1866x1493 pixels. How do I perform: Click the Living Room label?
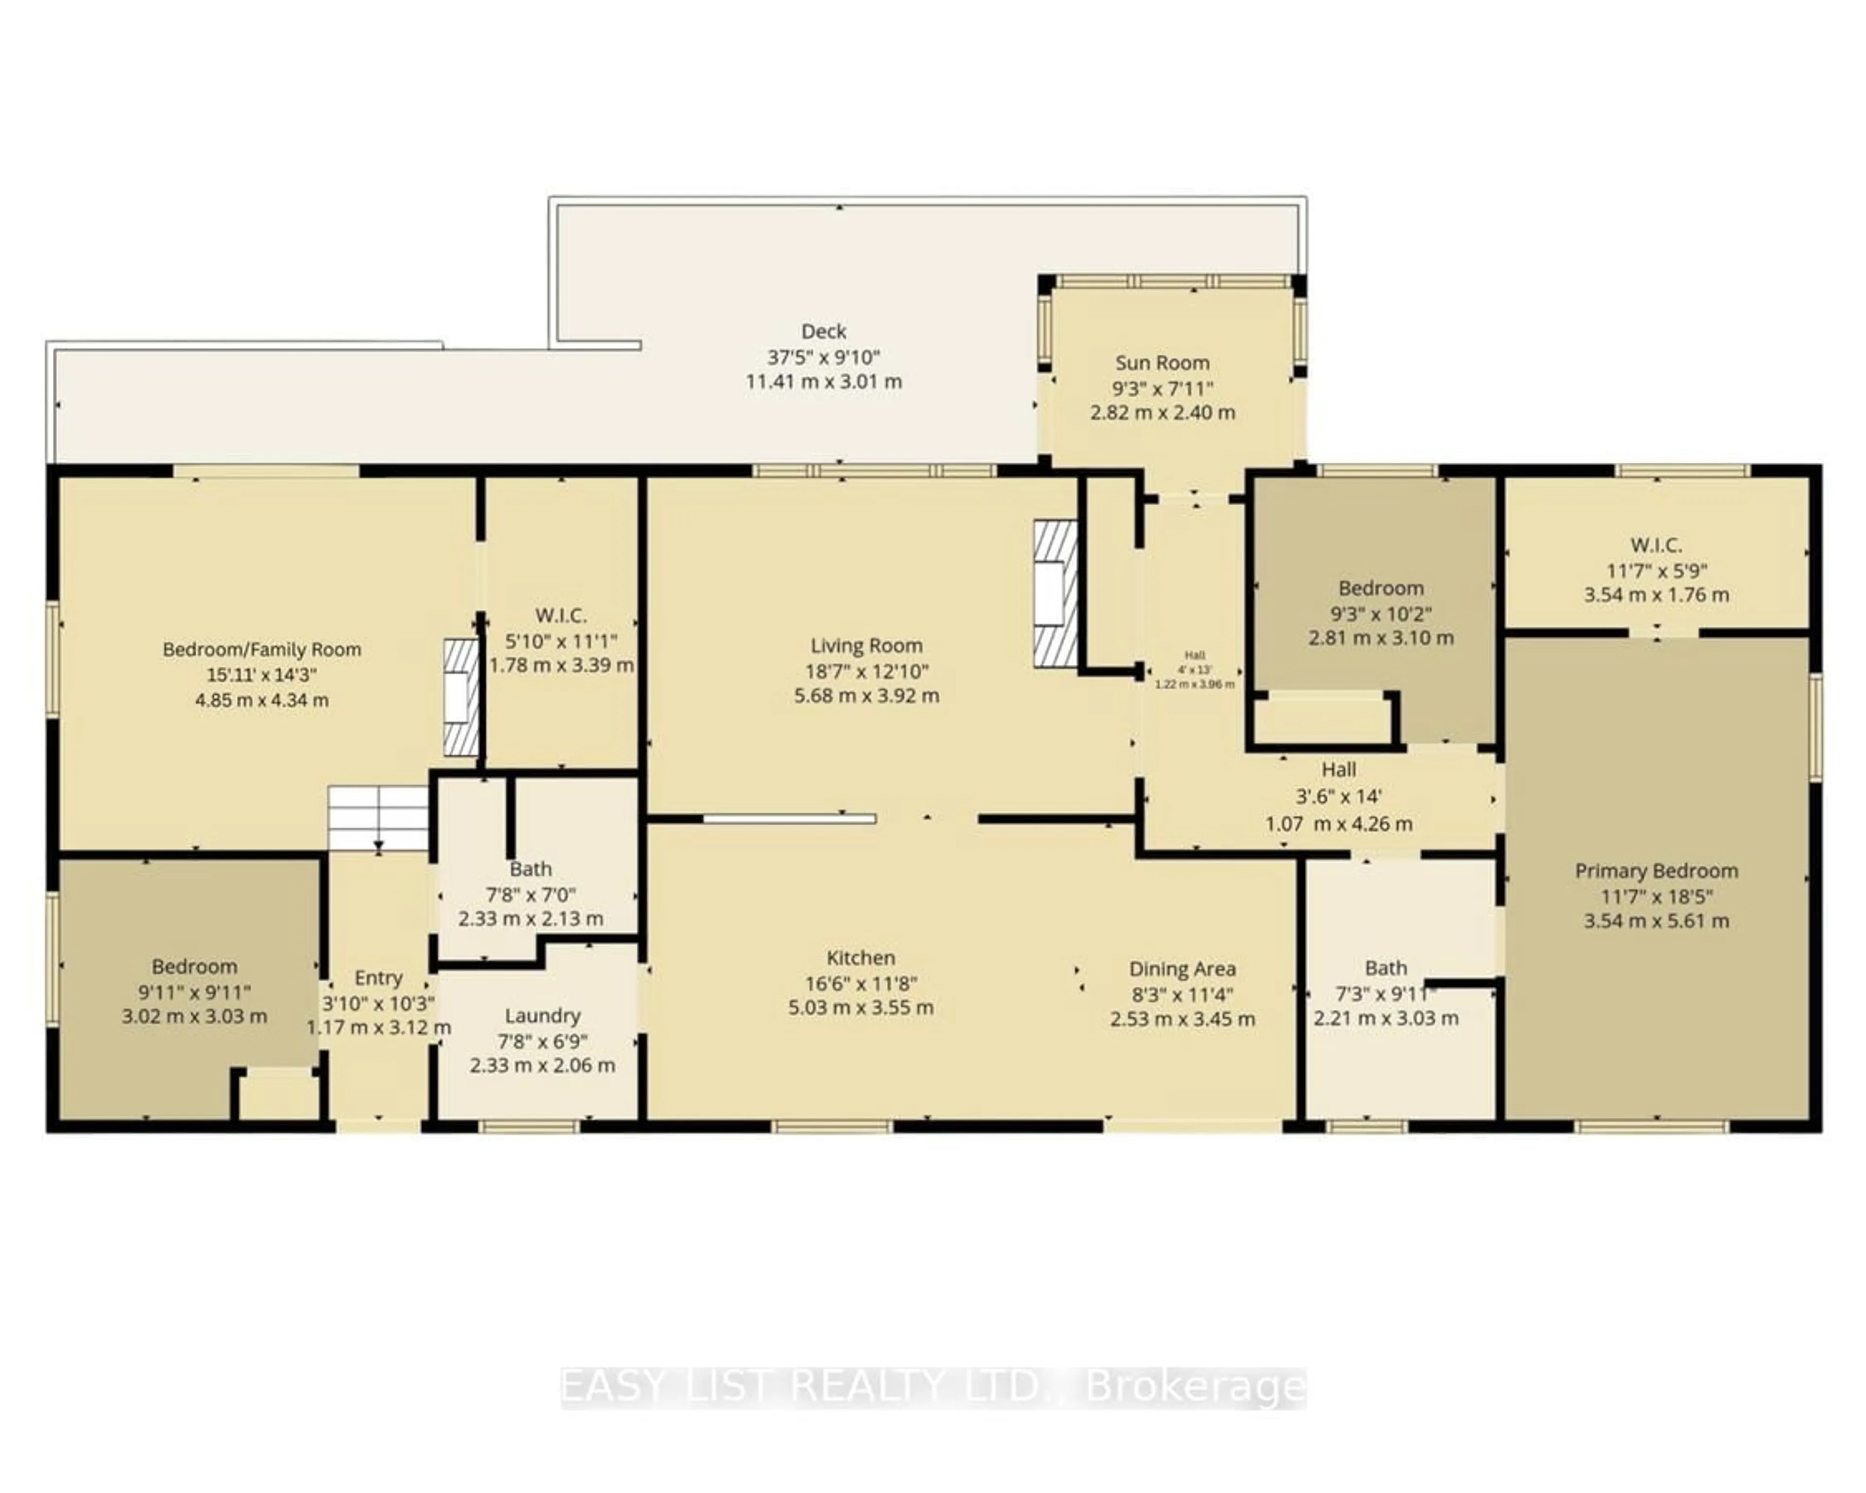(x=866, y=646)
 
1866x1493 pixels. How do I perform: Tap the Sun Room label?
(x=1161, y=363)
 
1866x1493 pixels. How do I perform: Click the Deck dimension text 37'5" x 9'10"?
(x=823, y=357)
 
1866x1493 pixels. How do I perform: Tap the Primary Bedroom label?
(x=1656, y=871)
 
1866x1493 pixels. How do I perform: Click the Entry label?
(x=378, y=977)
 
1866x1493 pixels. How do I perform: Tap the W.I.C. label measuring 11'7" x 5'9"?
(x=1656, y=545)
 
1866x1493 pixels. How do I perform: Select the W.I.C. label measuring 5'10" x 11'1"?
(x=561, y=615)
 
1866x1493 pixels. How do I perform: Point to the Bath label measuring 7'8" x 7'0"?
(x=531, y=869)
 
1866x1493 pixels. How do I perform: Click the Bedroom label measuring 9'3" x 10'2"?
(x=1381, y=589)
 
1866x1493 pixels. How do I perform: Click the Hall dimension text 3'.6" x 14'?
(x=1338, y=796)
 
